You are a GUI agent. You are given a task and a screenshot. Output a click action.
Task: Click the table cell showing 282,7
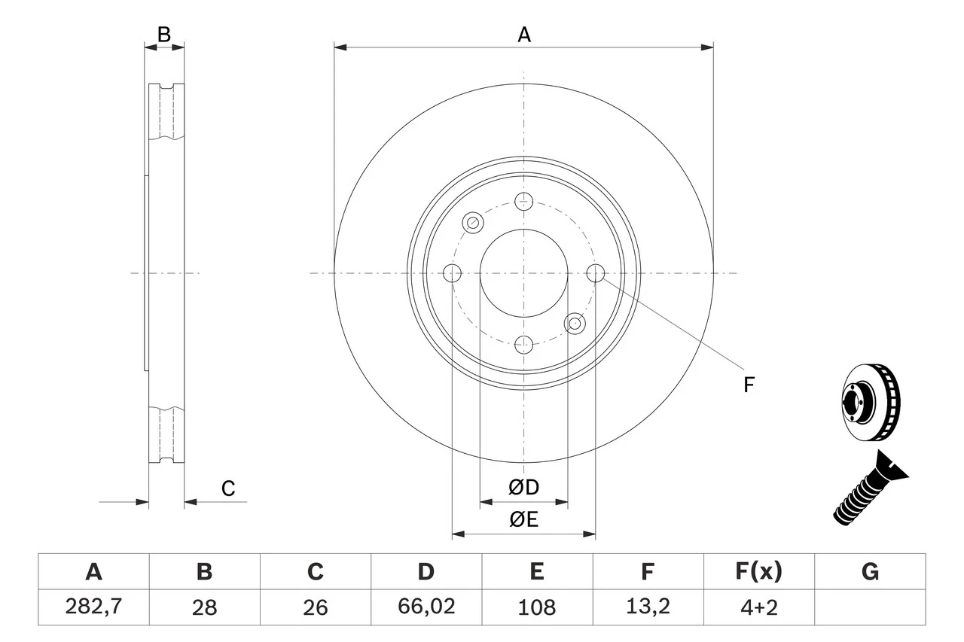pos(93,607)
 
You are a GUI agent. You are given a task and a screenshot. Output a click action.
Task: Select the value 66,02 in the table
pos(426,607)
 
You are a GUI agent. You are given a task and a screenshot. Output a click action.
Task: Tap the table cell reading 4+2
pos(759,607)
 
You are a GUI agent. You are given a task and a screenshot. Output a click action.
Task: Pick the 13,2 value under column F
pos(648,607)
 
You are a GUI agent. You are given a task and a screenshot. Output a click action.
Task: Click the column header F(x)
pos(759,572)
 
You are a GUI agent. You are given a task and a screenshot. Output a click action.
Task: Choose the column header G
pos(870,572)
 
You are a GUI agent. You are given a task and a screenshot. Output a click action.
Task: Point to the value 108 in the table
pos(537,607)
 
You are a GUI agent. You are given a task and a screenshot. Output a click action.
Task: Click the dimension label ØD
pos(524,488)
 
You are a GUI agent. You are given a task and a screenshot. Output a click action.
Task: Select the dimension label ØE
pos(524,520)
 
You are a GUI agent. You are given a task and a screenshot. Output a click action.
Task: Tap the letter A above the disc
pos(524,35)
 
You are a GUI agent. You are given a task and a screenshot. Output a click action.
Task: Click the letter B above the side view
pos(164,34)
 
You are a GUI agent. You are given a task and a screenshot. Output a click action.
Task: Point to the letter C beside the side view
pos(228,488)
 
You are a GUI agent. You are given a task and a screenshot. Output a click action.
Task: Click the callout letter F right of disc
pos(748,385)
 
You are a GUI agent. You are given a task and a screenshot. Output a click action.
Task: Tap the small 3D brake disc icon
pos(869,402)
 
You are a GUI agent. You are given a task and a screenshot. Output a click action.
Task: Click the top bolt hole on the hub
pos(524,201)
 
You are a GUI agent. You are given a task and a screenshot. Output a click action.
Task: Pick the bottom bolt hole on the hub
pos(524,345)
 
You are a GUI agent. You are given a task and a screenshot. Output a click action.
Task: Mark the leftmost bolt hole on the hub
pos(453,273)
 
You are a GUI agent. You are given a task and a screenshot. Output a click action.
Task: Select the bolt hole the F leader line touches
pos(596,273)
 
